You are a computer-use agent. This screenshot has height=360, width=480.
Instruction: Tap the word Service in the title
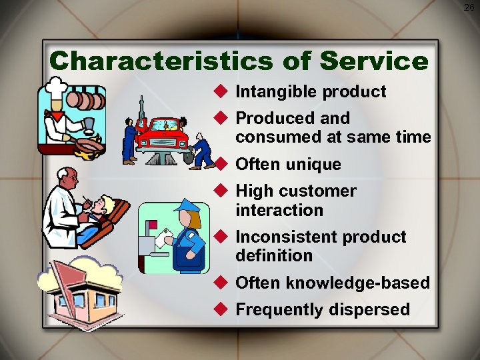pos(374,61)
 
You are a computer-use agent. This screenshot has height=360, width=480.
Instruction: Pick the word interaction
pos(279,211)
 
